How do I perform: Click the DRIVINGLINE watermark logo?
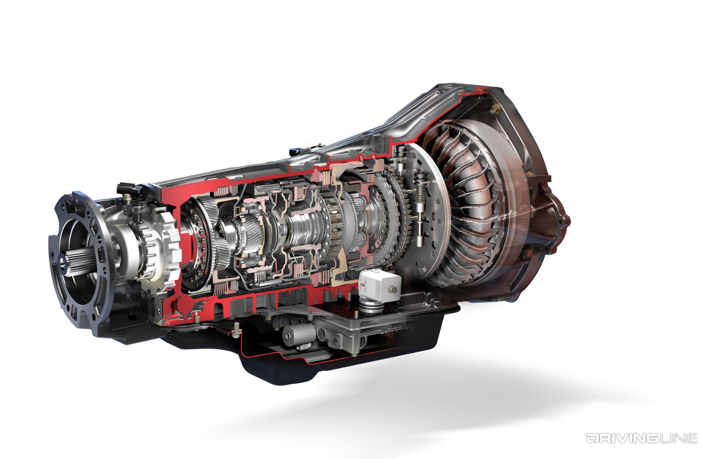click(641, 438)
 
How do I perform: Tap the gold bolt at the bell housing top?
click(495, 109)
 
